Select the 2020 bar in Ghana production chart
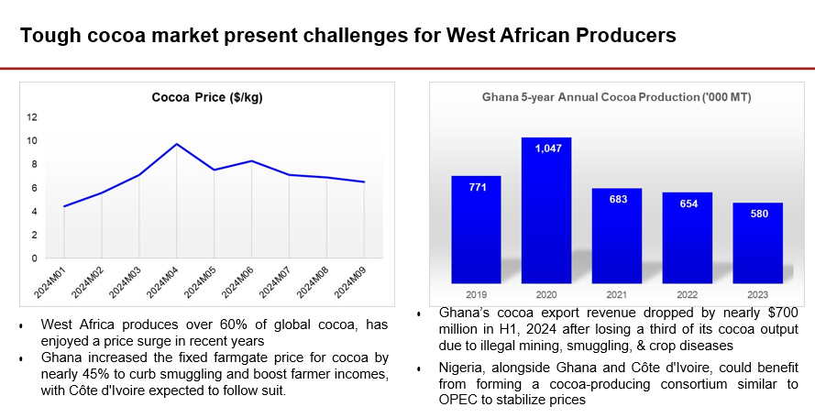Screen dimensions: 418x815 coord(546,211)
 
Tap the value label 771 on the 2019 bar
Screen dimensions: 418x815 coord(475,187)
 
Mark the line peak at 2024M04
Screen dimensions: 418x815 coord(177,144)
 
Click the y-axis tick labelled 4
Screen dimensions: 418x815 coord(35,212)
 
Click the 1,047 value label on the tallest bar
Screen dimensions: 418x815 coord(546,148)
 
